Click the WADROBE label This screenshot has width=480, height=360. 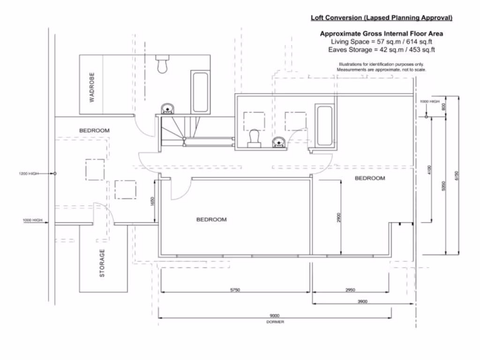92,87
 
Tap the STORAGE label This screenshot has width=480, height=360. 102,263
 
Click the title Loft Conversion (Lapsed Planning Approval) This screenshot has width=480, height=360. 382,18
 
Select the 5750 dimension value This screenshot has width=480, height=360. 235,290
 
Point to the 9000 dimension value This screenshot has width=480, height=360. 275,315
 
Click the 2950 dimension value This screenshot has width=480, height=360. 350,290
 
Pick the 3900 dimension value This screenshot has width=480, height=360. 362,301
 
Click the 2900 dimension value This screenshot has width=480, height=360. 338,217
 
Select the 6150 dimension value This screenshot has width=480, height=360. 457,176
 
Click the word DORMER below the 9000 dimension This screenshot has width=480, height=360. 275,322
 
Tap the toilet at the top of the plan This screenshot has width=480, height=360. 163,65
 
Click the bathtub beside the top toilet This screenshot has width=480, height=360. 200,92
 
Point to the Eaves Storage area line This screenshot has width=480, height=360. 381,50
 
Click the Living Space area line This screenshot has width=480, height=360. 381,42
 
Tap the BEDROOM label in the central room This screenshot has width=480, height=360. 211,219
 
